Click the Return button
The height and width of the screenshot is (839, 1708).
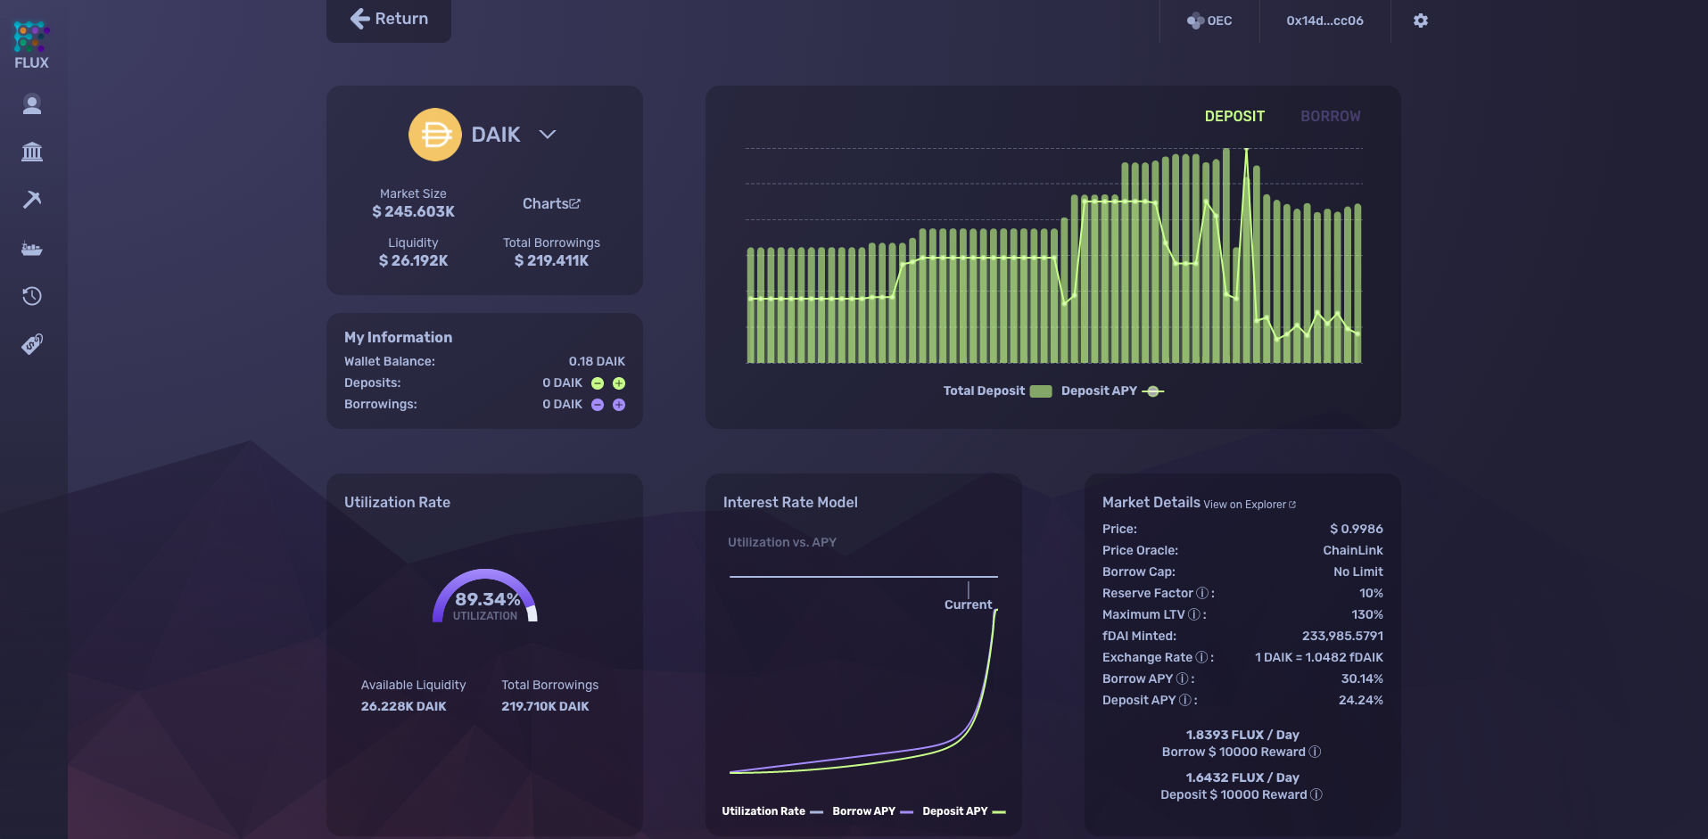pyautogui.click(x=389, y=19)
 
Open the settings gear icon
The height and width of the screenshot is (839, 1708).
pyautogui.click(x=1421, y=21)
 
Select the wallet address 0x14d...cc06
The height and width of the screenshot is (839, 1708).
pyautogui.click(x=1324, y=21)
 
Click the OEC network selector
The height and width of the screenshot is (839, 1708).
pyautogui.click(x=1209, y=21)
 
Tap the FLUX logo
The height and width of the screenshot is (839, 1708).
pyautogui.click(x=31, y=45)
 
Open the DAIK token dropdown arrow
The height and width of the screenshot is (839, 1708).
pyautogui.click(x=548, y=135)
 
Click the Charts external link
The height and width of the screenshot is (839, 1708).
pyautogui.click(x=551, y=204)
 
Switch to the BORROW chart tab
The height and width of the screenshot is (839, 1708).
pyautogui.click(x=1330, y=117)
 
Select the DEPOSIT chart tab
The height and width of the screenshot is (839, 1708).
pyautogui.click(x=1234, y=117)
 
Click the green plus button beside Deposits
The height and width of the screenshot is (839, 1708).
pyautogui.click(x=619, y=383)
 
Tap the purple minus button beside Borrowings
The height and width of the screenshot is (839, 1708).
pyautogui.click(x=598, y=405)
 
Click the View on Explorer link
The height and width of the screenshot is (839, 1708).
pyautogui.click(x=1249, y=505)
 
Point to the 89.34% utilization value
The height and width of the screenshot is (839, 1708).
pyautogui.click(x=487, y=599)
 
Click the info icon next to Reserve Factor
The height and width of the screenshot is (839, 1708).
pyautogui.click(x=1202, y=594)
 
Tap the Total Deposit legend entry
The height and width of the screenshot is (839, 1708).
pyautogui.click(x=997, y=391)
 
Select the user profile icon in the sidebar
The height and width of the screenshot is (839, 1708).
pyautogui.click(x=32, y=105)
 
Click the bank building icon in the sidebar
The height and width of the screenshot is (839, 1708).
pyautogui.click(x=32, y=152)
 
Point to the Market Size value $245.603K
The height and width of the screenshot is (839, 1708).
pyautogui.click(x=413, y=212)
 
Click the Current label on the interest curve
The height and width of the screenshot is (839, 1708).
pyautogui.click(x=968, y=605)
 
